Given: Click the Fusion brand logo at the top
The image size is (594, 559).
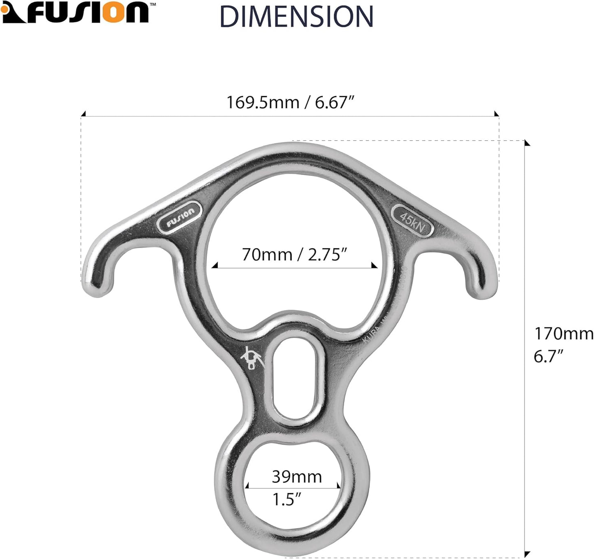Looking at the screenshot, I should pyautogui.click(x=75, y=12).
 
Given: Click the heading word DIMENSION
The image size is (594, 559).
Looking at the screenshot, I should pyautogui.click(x=296, y=17).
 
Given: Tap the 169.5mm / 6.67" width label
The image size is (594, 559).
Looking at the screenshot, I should pyautogui.click(x=290, y=102).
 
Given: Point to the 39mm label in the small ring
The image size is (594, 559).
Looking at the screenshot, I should pyautogui.click(x=296, y=477).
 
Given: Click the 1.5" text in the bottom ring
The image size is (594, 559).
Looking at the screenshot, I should pyautogui.click(x=287, y=499).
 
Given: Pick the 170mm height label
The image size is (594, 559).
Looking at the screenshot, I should pyautogui.click(x=563, y=334).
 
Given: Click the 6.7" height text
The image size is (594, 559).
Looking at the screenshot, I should pyautogui.click(x=548, y=356).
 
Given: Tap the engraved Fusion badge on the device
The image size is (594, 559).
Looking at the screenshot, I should pyautogui.click(x=180, y=217).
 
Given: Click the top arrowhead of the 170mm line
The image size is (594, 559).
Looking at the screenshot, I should pyautogui.click(x=527, y=143).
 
